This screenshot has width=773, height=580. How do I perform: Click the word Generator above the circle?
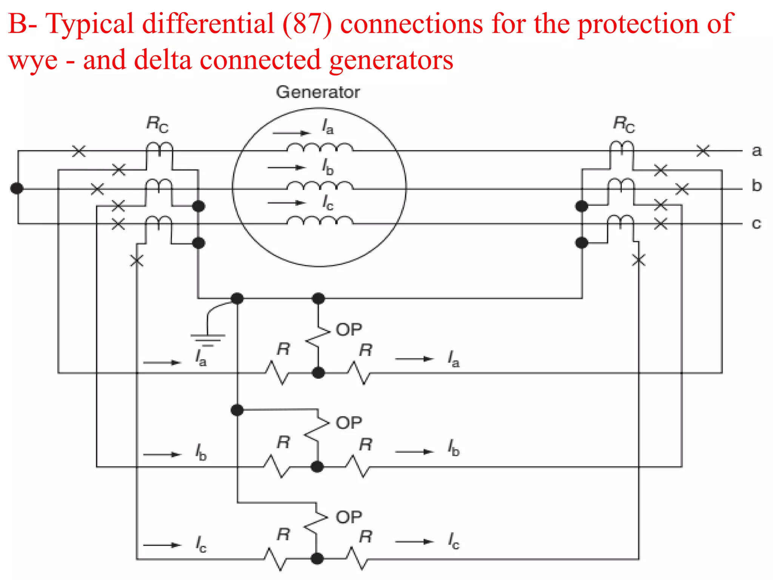tap(318, 92)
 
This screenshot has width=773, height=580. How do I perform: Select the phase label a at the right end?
tap(756, 151)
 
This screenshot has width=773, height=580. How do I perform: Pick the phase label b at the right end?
tap(756, 186)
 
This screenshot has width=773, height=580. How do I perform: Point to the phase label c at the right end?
tap(756, 224)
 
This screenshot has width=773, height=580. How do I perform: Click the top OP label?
tap(349, 330)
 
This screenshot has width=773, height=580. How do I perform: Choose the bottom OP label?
tap(349, 517)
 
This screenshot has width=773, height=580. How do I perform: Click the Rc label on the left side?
tap(157, 124)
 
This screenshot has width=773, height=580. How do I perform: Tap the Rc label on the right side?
tap(624, 124)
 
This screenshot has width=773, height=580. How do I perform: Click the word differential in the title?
tap(208, 23)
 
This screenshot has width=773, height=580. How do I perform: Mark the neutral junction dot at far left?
tap(17, 188)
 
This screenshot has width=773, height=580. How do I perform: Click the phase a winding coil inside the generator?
tap(320, 147)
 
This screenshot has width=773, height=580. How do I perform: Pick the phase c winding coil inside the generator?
tap(320, 221)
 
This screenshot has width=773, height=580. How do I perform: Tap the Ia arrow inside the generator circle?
tap(291, 133)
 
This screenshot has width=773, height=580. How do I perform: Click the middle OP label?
tap(349, 423)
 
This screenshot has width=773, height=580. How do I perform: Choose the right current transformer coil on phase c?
tap(621, 220)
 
